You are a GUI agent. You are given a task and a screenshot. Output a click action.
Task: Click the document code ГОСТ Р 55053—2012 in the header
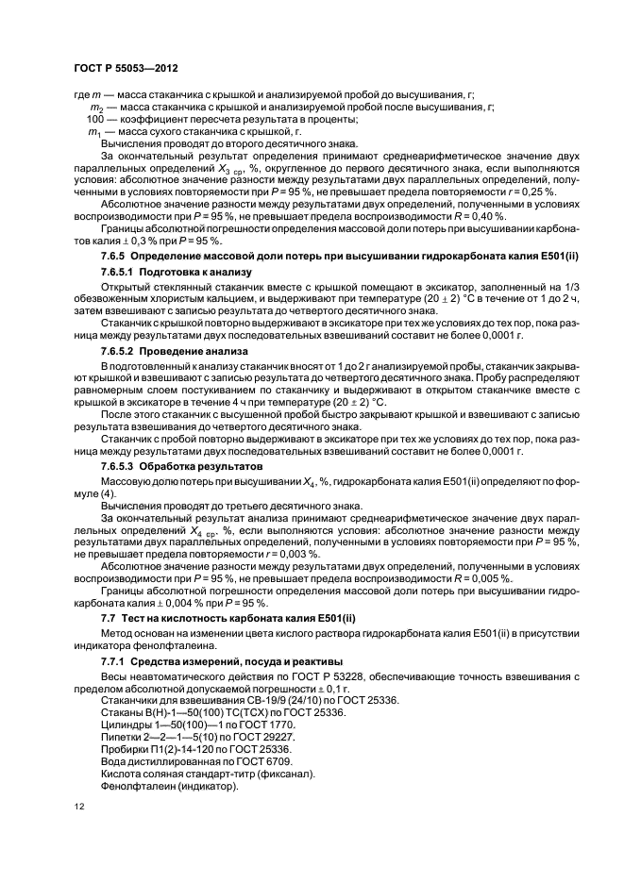pyautogui.click(x=126, y=69)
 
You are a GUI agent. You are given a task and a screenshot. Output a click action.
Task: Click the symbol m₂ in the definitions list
pyautogui.click(x=94, y=108)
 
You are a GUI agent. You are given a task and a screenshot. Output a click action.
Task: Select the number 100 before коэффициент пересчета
pyautogui.click(x=94, y=120)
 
